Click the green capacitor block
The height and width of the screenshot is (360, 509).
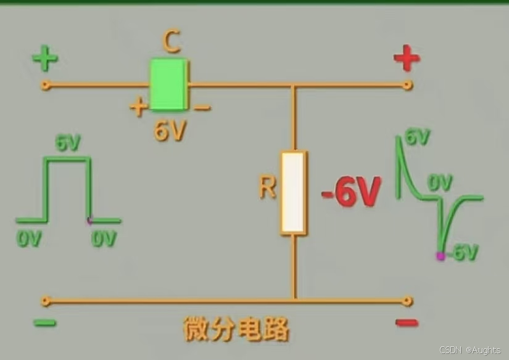[168, 84]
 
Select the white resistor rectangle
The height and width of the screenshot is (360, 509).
[293, 192]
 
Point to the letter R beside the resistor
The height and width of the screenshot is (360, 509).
[267, 187]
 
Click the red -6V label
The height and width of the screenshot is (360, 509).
[350, 194]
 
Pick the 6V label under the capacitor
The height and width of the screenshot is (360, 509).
[169, 131]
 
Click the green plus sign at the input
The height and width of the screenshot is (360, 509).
[45, 60]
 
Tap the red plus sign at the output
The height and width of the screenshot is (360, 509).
[407, 60]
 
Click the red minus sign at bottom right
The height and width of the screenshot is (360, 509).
[407, 322]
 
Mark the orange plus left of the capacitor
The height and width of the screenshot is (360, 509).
[138, 107]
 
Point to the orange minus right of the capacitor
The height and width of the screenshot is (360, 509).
[202, 108]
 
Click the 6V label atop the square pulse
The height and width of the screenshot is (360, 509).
[68, 143]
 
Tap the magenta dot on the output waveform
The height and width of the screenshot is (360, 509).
[440, 256]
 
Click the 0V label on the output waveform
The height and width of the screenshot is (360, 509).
[441, 182]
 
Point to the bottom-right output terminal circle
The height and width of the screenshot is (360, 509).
[407, 301]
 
